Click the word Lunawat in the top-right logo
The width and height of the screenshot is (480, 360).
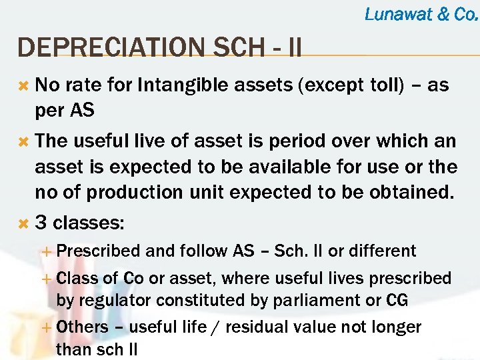coord(399,13)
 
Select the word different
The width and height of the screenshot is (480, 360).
coord(381,251)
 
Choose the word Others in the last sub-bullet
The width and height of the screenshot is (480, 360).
coord(83,327)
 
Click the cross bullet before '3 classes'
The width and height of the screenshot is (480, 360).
coord(23,223)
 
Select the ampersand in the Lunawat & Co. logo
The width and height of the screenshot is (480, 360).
coord(443,13)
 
